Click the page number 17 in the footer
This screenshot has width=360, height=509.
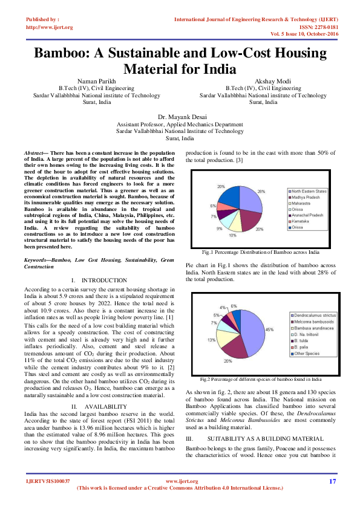(332, 481)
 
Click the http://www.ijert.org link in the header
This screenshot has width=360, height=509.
(50, 27)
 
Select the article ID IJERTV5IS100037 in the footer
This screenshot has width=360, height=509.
(48, 481)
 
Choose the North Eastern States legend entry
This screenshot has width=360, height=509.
(309, 192)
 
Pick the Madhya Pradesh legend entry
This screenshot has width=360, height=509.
(307, 198)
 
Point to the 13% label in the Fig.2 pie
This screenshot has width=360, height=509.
(212, 340)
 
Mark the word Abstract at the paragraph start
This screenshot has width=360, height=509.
(34, 154)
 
